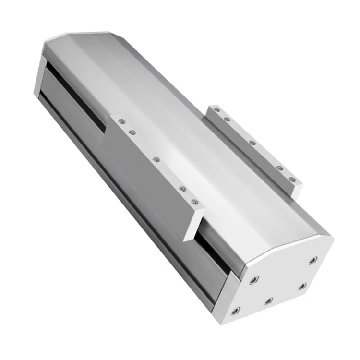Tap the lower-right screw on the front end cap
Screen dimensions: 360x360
coord(302,286)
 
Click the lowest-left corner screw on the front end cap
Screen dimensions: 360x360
coord(234,312)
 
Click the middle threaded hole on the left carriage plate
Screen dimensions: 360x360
coord(156,158)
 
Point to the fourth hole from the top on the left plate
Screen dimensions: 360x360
coord(183,189)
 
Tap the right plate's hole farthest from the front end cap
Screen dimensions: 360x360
coord(217,110)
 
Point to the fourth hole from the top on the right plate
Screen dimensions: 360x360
coord(278,167)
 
